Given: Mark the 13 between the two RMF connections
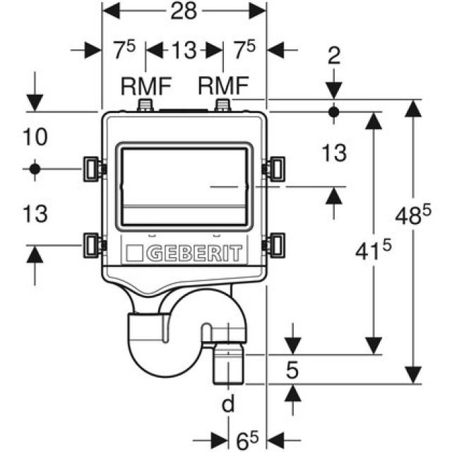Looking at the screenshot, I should [x=184, y=51].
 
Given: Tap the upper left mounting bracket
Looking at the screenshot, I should [x=92, y=168].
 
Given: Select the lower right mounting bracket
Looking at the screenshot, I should [x=274, y=244].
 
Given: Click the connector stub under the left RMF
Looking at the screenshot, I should [x=146, y=105].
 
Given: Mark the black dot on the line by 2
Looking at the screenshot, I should [x=334, y=112].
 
